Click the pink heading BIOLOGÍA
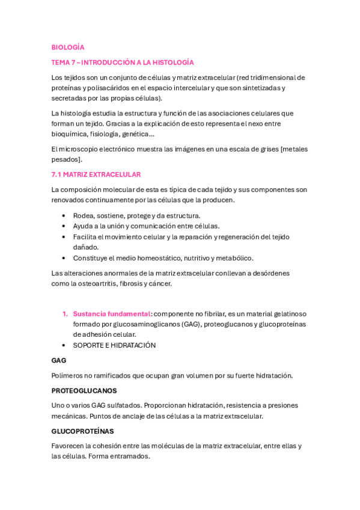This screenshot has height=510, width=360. pyautogui.click(x=68, y=47)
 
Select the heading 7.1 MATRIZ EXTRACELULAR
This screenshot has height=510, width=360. pyautogui.click(x=96, y=174)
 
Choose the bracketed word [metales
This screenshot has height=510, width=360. pyautogui.click(x=291, y=149)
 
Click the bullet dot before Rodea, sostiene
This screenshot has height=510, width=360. pyautogui.click(x=64, y=215)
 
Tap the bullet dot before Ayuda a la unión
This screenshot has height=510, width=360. pyautogui.click(x=64, y=226)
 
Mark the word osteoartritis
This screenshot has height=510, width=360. pyautogui.click(x=93, y=284)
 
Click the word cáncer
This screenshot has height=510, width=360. pyautogui.click(x=159, y=284)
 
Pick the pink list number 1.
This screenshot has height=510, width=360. pyautogui.click(x=64, y=314)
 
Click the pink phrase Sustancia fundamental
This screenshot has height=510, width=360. pyautogui.click(x=112, y=314)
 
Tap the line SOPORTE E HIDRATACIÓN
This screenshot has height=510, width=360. pyautogui.click(x=114, y=345)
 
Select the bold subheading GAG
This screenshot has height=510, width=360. pyautogui.click(x=59, y=360)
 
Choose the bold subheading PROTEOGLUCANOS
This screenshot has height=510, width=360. pyautogui.click(x=84, y=390)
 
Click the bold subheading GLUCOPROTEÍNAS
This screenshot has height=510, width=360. pyautogui.click(x=83, y=431)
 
